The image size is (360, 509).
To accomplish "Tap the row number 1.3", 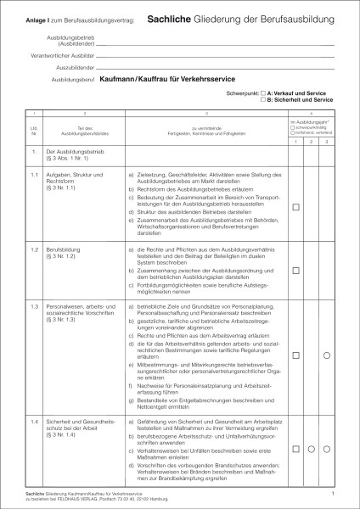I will point(34,305).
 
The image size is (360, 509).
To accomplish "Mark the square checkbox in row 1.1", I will point(296,208).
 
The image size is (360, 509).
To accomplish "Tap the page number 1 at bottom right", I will point(333,493).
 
